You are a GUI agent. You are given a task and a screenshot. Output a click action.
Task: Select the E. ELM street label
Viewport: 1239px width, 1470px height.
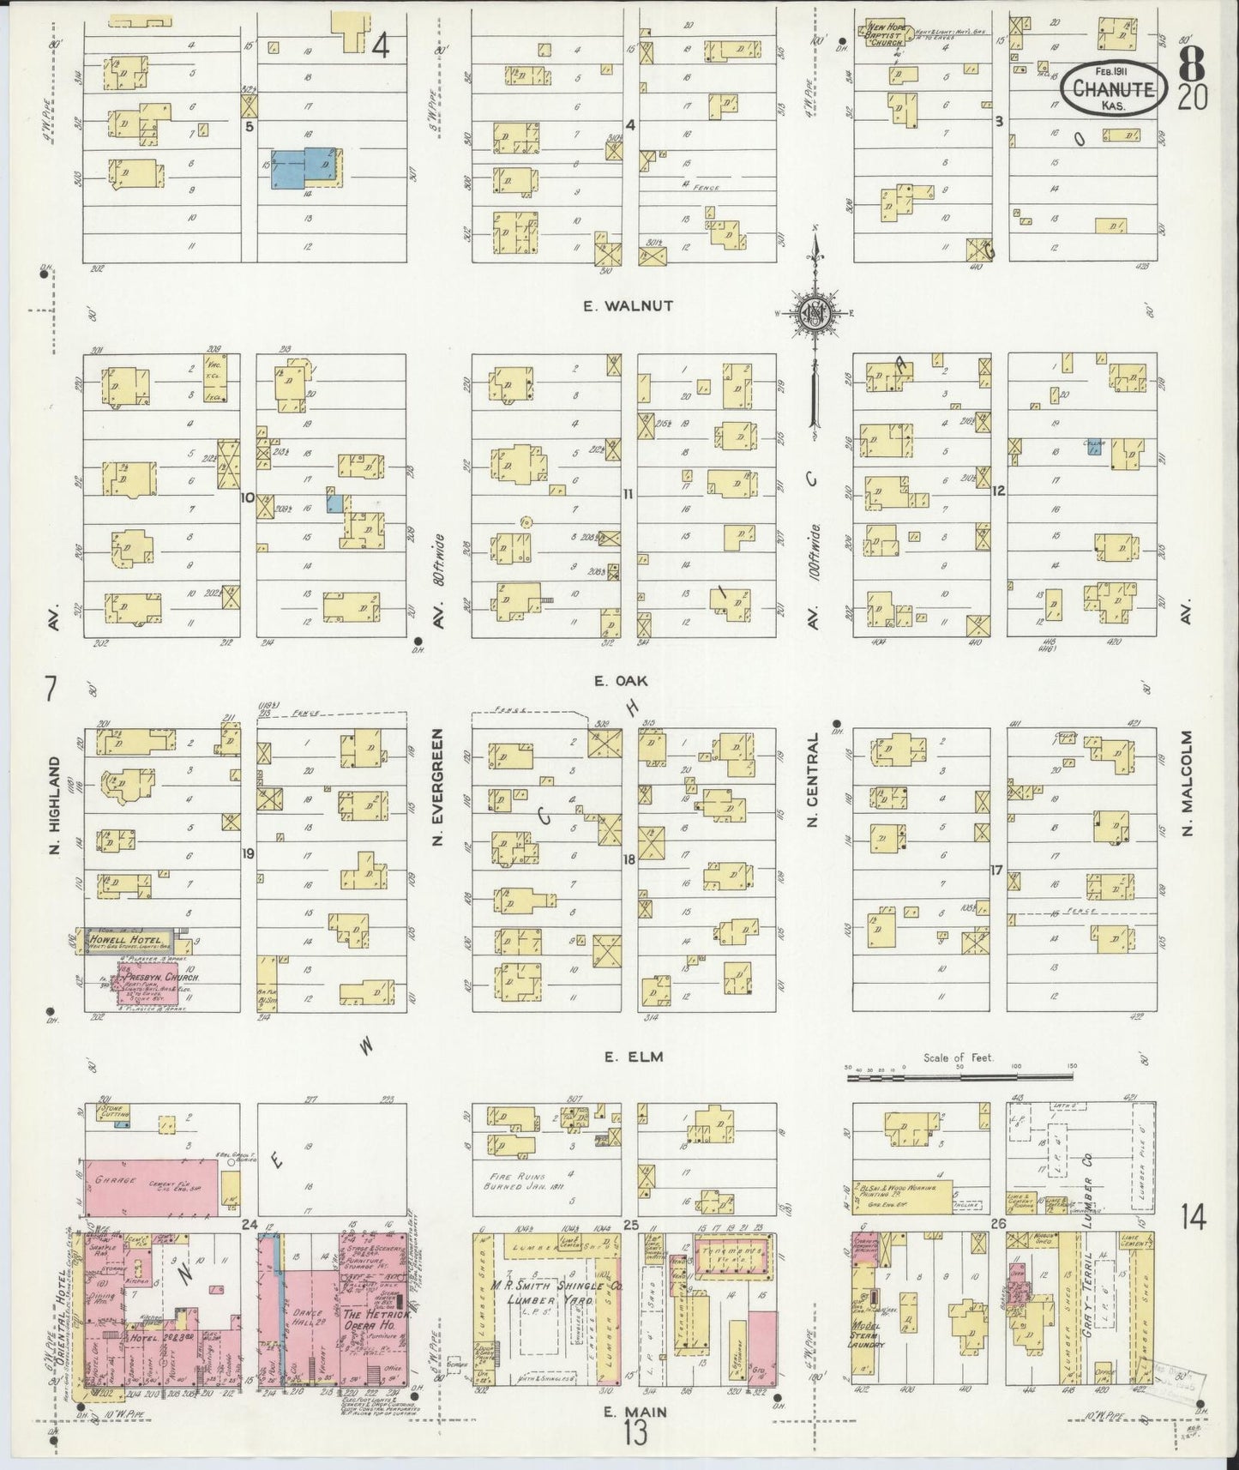(623, 1057)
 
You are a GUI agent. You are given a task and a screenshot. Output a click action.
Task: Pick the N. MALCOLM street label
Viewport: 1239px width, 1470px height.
(1187, 782)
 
